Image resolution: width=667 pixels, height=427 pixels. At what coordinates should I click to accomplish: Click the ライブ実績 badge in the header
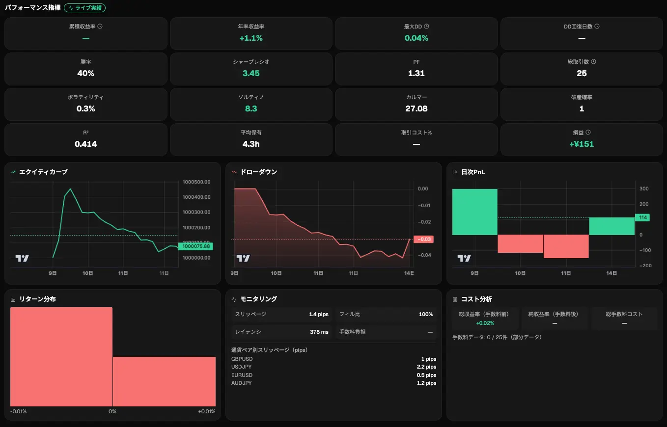[x=84, y=8]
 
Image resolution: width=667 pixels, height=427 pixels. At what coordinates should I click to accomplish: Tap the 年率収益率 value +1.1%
[x=251, y=38]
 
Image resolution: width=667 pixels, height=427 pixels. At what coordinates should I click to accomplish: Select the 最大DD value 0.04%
[x=417, y=38]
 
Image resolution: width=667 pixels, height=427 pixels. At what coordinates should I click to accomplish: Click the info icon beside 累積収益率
[x=100, y=26]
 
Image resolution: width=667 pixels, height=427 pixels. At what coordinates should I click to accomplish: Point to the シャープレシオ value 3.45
[x=251, y=73]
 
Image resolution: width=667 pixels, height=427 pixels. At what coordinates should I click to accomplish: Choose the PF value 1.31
[x=417, y=73]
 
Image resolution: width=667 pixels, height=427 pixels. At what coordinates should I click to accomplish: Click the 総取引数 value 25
[x=582, y=73]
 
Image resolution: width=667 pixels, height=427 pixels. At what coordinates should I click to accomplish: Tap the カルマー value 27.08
[x=417, y=108]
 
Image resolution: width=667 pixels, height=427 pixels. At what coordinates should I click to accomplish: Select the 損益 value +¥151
[x=582, y=144]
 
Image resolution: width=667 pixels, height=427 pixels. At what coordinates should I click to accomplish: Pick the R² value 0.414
[x=86, y=144]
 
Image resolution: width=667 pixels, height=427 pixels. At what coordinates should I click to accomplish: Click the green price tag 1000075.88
[x=195, y=246]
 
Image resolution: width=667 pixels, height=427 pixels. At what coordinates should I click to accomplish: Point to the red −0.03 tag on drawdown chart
[x=424, y=239]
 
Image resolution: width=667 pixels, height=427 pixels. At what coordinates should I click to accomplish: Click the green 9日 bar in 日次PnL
[x=474, y=212]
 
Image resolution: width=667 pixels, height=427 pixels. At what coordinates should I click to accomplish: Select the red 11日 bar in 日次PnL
[x=566, y=246]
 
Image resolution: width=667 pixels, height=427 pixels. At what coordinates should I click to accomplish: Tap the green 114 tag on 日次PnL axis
[x=642, y=217]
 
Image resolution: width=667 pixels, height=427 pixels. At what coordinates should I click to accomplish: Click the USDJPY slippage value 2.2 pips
[x=426, y=367]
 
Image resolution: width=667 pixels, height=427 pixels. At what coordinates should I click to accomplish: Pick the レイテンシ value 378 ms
[x=319, y=332]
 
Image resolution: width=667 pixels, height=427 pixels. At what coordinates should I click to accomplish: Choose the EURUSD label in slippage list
[x=242, y=375]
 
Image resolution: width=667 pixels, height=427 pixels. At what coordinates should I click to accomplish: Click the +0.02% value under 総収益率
[x=485, y=323]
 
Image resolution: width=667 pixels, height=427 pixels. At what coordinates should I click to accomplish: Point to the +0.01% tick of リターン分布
[x=207, y=411]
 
